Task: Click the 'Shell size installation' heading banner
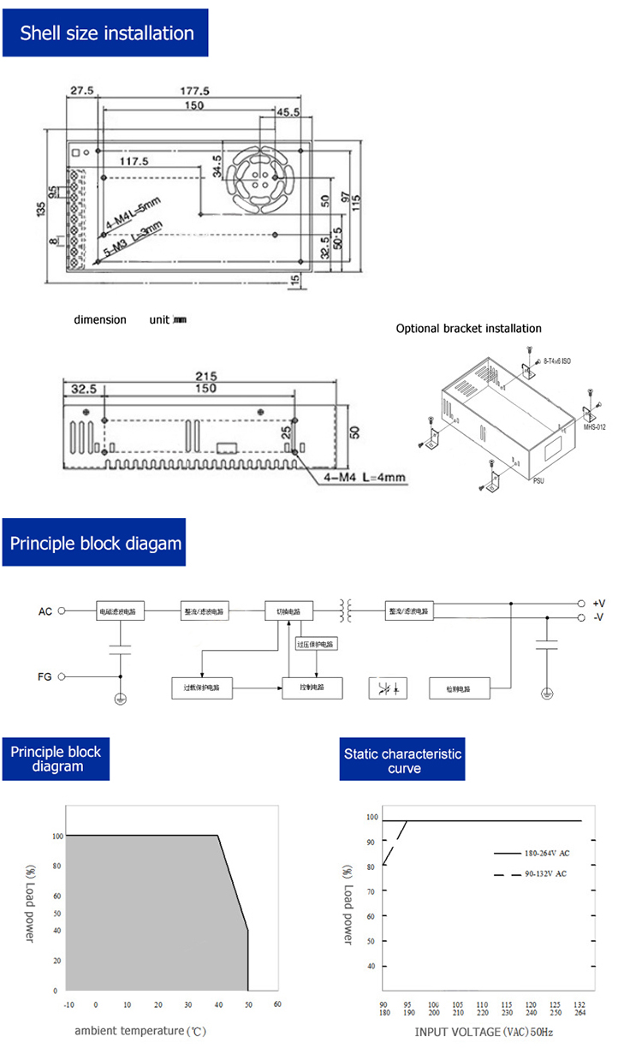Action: coord(106,33)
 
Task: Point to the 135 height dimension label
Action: coord(39,209)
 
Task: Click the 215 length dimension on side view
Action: coord(205,376)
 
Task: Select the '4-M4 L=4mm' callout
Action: coord(363,477)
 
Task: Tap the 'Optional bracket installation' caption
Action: coord(468,329)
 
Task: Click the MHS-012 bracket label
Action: coord(594,426)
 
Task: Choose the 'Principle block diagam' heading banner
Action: coord(95,543)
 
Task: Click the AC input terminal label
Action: coord(45,611)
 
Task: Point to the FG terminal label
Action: coord(45,676)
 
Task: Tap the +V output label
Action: coord(598,604)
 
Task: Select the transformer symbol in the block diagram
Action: coord(348,611)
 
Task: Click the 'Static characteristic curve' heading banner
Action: coord(402,760)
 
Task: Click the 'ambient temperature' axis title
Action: coord(140,1031)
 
